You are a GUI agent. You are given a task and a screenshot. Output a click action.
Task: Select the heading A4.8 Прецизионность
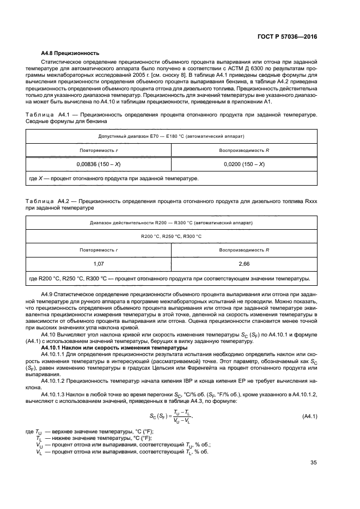click(x=70, y=53)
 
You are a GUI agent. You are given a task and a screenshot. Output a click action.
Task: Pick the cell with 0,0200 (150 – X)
click(x=244, y=163)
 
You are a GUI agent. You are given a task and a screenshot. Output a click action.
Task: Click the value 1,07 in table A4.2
click(x=99, y=263)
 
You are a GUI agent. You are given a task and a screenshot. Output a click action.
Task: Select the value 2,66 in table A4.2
click(x=244, y=263)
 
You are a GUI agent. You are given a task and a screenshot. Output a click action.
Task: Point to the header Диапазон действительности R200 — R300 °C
click(x=171, y=223)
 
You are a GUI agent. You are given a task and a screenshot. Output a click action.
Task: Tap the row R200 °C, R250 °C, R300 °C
click(x=171, y=236)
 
